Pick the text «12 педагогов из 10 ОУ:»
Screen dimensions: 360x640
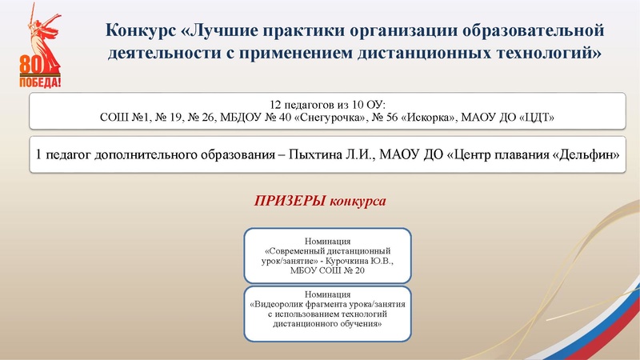coord(327,105)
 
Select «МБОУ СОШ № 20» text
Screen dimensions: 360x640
coord(327,272)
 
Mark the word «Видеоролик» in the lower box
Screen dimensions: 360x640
coord(286,305)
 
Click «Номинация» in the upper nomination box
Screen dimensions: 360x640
coord(327,241)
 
